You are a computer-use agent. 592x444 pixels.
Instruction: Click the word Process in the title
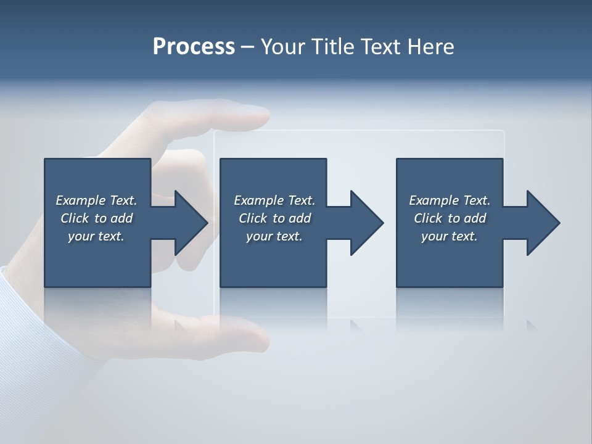click(x=194, y=47)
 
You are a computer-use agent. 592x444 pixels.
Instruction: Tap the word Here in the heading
click(x=430, y=47)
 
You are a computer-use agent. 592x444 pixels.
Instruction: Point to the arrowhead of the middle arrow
click(x=366, y=223)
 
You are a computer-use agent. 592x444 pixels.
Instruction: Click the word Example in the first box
click(x=81, y=200)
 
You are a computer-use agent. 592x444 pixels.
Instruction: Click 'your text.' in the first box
click(x=96, y=236)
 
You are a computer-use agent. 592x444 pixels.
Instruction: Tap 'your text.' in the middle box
click(x=274, y=236)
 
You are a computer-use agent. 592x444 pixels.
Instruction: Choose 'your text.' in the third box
click(x=450, y=236)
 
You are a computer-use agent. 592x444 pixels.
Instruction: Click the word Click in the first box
click(x=75, y=218)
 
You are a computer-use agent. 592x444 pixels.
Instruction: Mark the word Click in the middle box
click(x=253, y=218)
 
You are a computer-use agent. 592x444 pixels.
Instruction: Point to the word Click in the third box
click(x=428, y=218)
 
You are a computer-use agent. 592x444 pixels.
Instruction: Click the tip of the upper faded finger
click(x=262, y=116)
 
